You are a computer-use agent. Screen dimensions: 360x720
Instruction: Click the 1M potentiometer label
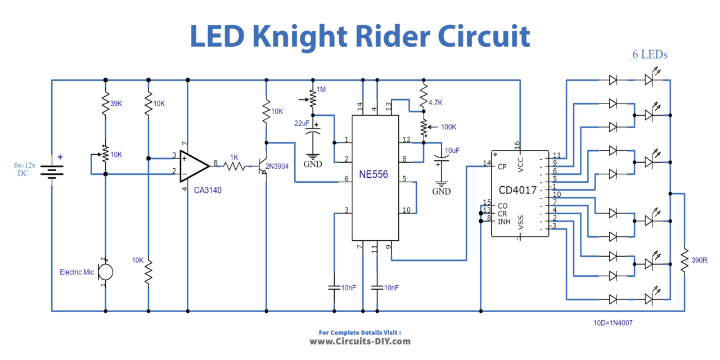tap(321, 90)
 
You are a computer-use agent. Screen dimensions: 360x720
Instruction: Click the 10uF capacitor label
tap(452, 151)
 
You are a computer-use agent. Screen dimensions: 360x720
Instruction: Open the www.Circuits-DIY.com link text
tap(360, 341)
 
